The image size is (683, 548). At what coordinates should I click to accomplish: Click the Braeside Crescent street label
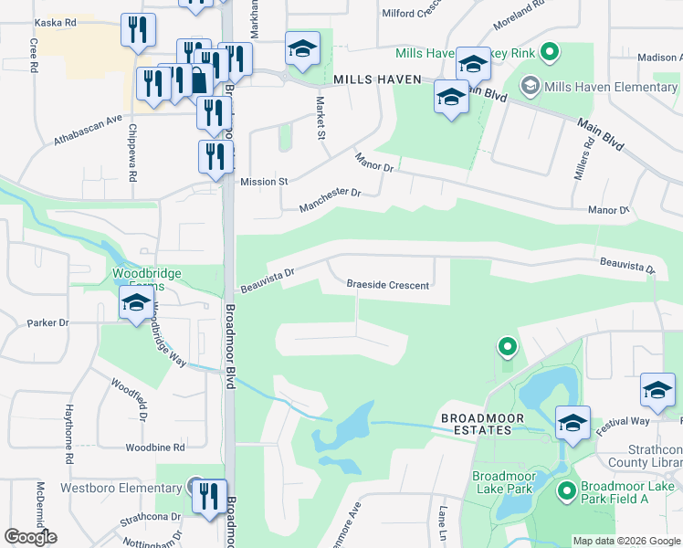coord(387,285)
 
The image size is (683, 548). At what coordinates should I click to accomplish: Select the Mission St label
coord(264,182)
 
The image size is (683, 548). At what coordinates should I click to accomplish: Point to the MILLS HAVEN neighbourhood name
coord(376,79)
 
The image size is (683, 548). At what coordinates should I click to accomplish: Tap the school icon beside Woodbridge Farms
coord(136,303)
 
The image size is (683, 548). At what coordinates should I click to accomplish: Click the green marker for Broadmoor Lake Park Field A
coord(566,491)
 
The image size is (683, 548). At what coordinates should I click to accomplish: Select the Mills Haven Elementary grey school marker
coord(529,87)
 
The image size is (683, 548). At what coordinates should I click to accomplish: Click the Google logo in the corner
coord(30,537)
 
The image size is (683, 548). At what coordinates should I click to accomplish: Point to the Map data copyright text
coord(626,541)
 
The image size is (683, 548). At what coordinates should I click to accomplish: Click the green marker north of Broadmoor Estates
coord(507,347)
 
